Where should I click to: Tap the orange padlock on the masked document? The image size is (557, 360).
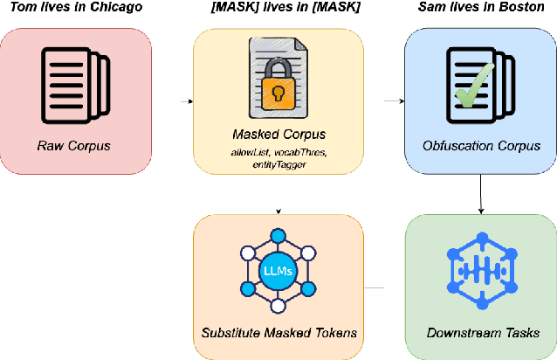click(278, 91)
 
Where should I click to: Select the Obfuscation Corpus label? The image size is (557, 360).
click(483, 145)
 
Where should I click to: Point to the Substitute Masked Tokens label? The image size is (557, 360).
click(278, 333)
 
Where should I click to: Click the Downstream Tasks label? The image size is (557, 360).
click(483, 333)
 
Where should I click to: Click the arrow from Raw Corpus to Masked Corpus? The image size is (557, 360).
click(187, 101)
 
